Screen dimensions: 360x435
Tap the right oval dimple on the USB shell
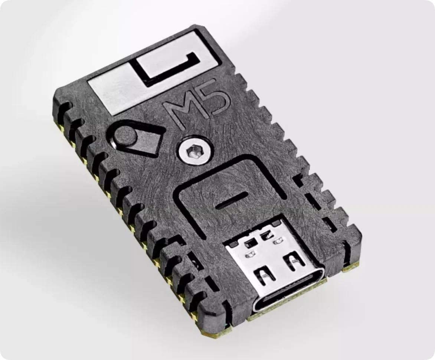click(277, 241)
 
